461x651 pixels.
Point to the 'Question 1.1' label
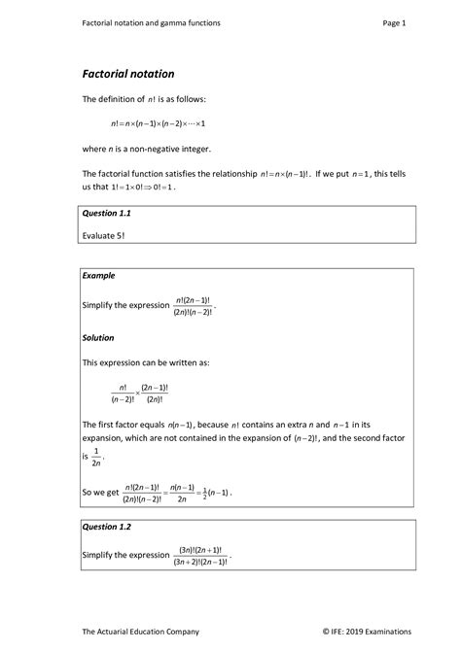tap(107, 212)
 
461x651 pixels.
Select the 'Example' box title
tap(99, 276)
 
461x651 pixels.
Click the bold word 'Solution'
tap(100, 337)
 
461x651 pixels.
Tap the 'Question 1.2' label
tap(107, 527)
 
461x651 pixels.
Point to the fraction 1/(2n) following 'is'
tap(95, 457)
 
